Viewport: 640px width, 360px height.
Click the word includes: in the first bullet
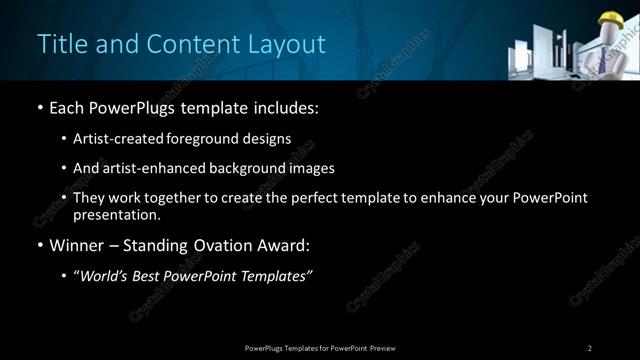coord(287,106)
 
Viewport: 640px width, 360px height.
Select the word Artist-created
coord(115,139)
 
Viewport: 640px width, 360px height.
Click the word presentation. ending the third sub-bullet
coord(116,215)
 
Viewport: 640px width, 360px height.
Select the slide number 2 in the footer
coord(590,348)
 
